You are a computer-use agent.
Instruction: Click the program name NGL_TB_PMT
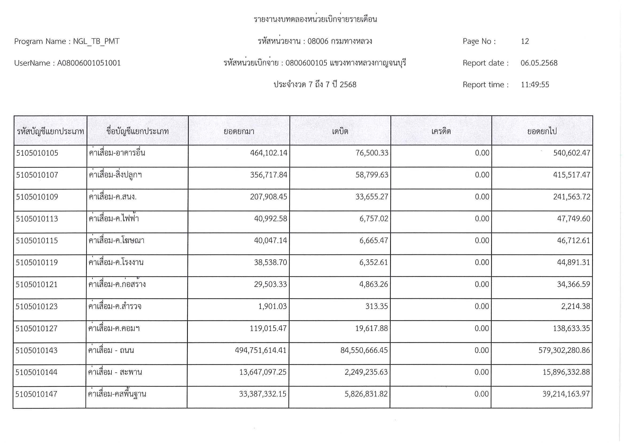point(96,41)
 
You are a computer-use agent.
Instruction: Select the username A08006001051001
point(89,63)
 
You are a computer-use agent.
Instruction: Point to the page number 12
point(525,41)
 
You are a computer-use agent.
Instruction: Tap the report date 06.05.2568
point(539,63)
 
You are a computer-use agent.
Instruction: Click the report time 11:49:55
point(535,85)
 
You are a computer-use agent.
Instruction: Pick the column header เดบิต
point(340,131)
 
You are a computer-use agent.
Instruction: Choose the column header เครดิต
point(441,131)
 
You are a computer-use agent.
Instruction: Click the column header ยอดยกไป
point(542,131)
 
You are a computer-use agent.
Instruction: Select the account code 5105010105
point(37,153)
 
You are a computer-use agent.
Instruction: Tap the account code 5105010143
point(37,350)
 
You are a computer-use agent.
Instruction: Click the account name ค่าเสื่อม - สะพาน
point(115,372)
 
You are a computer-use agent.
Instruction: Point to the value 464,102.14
point(269,153)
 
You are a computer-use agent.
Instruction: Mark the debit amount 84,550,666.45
point(364,350)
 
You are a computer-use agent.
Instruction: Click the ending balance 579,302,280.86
point(564,350)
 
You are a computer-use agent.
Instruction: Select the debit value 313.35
point(376,307)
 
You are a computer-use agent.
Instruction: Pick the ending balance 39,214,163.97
point(566,394)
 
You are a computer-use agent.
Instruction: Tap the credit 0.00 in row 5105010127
point(482,329)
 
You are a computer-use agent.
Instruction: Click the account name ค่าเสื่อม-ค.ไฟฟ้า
point(114,219)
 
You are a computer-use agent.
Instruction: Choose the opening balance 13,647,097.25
point(263,372)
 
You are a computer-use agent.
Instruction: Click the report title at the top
point(315,20)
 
